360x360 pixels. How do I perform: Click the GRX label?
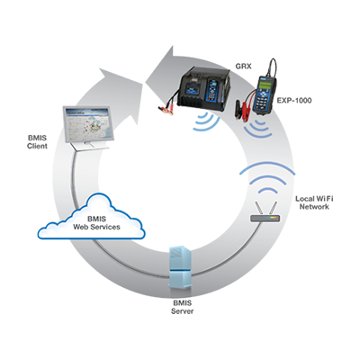coord(243,66)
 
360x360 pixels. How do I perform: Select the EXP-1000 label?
coord(294,101)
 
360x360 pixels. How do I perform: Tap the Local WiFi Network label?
coord(314,202)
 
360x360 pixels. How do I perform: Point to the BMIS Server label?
coord(182,307)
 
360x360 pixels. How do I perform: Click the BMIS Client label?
coord(37,142)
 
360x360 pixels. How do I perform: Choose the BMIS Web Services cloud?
coord(92,217)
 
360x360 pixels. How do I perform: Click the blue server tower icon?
coord(180,267)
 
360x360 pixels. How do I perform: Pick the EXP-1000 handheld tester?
coord(264,94)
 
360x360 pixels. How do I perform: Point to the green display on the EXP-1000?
coord(265,85)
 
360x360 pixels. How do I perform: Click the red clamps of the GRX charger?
coord(167,109)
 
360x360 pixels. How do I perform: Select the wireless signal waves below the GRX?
coord(206,121)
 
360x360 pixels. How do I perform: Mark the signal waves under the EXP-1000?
coord(257,129)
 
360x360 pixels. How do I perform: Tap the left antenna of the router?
coord(258,208)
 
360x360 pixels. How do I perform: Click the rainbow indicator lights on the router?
coord(270,217)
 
